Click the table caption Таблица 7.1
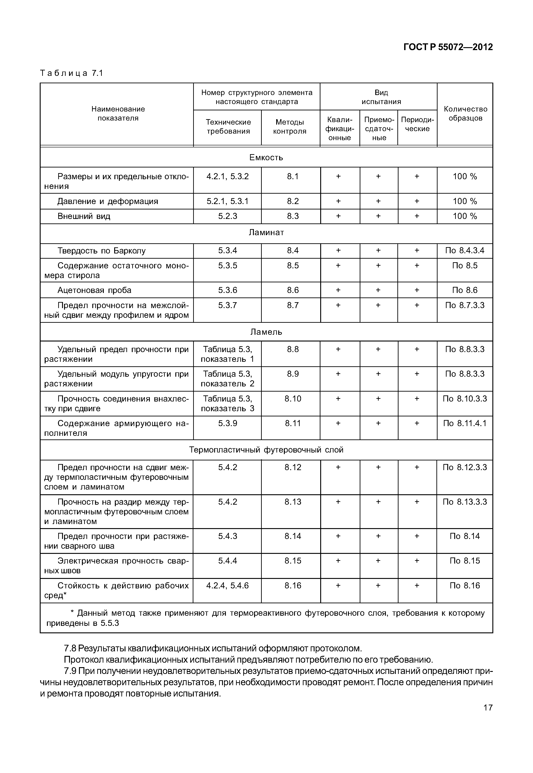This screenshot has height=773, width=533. [72, 73]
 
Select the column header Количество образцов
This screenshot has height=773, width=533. [465, 114]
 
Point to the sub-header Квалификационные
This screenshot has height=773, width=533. [339, 129]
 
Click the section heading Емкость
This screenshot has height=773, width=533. [266, 158]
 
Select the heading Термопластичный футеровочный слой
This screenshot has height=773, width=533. [266, 450]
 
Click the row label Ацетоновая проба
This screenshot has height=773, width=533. [95, 290]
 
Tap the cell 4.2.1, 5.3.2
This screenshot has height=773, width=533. [227, 176]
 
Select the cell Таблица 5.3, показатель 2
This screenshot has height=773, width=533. [227, 379]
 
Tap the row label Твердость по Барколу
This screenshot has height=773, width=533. [102, 251]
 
